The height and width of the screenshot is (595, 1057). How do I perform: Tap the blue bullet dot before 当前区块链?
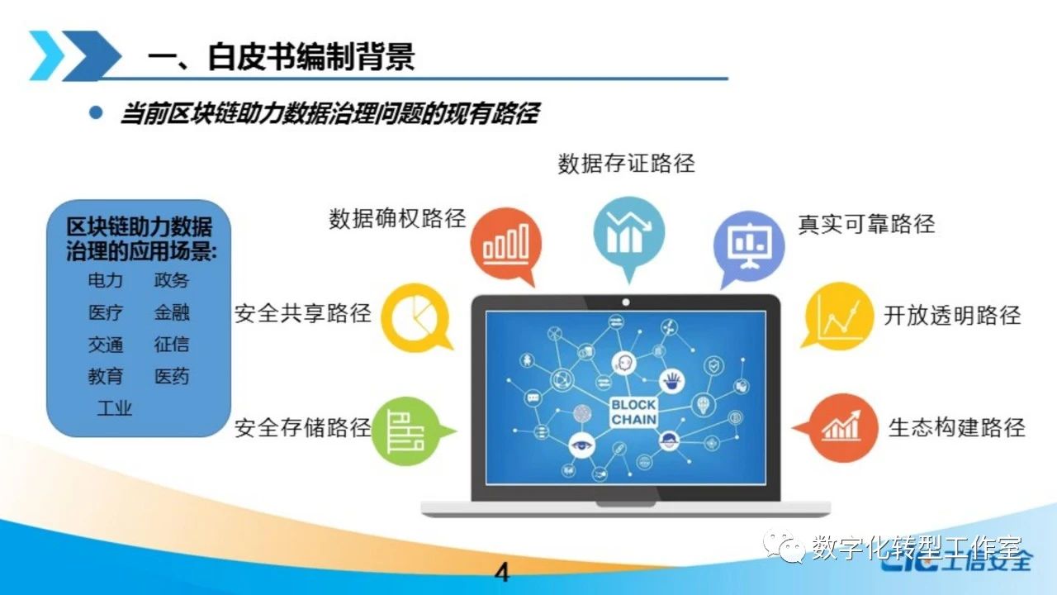[x=96, y=112]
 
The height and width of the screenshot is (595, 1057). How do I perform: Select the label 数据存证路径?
[x=626, y=164]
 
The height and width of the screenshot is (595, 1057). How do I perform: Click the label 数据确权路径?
[x=397, y=219]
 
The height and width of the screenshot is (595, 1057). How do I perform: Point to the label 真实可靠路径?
[x=866, y=224]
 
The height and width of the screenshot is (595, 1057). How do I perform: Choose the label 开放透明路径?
[x=952, y=316]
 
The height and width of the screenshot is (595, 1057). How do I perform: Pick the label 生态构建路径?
[x=957, y=428]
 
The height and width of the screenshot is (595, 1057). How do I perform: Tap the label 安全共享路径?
[x=303, y=313]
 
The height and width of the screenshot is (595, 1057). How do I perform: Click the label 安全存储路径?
[x=303, y=428]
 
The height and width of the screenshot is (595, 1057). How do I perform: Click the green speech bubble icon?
[x=410, y=431]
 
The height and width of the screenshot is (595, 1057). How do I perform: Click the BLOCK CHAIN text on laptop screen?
[x=633, y=412]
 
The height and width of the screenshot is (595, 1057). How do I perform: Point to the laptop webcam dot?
[x=626, y=302]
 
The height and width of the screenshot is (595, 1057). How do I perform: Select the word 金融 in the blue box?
[x=172, y=312]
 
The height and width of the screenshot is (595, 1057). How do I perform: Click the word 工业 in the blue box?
[x=114, y=408]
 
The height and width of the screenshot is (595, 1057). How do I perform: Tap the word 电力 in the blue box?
[x=105, y=280]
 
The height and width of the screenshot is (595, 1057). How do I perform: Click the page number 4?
[x=502, y=573]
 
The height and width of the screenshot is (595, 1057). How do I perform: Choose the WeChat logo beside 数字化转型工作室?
[x=784, y=546]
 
